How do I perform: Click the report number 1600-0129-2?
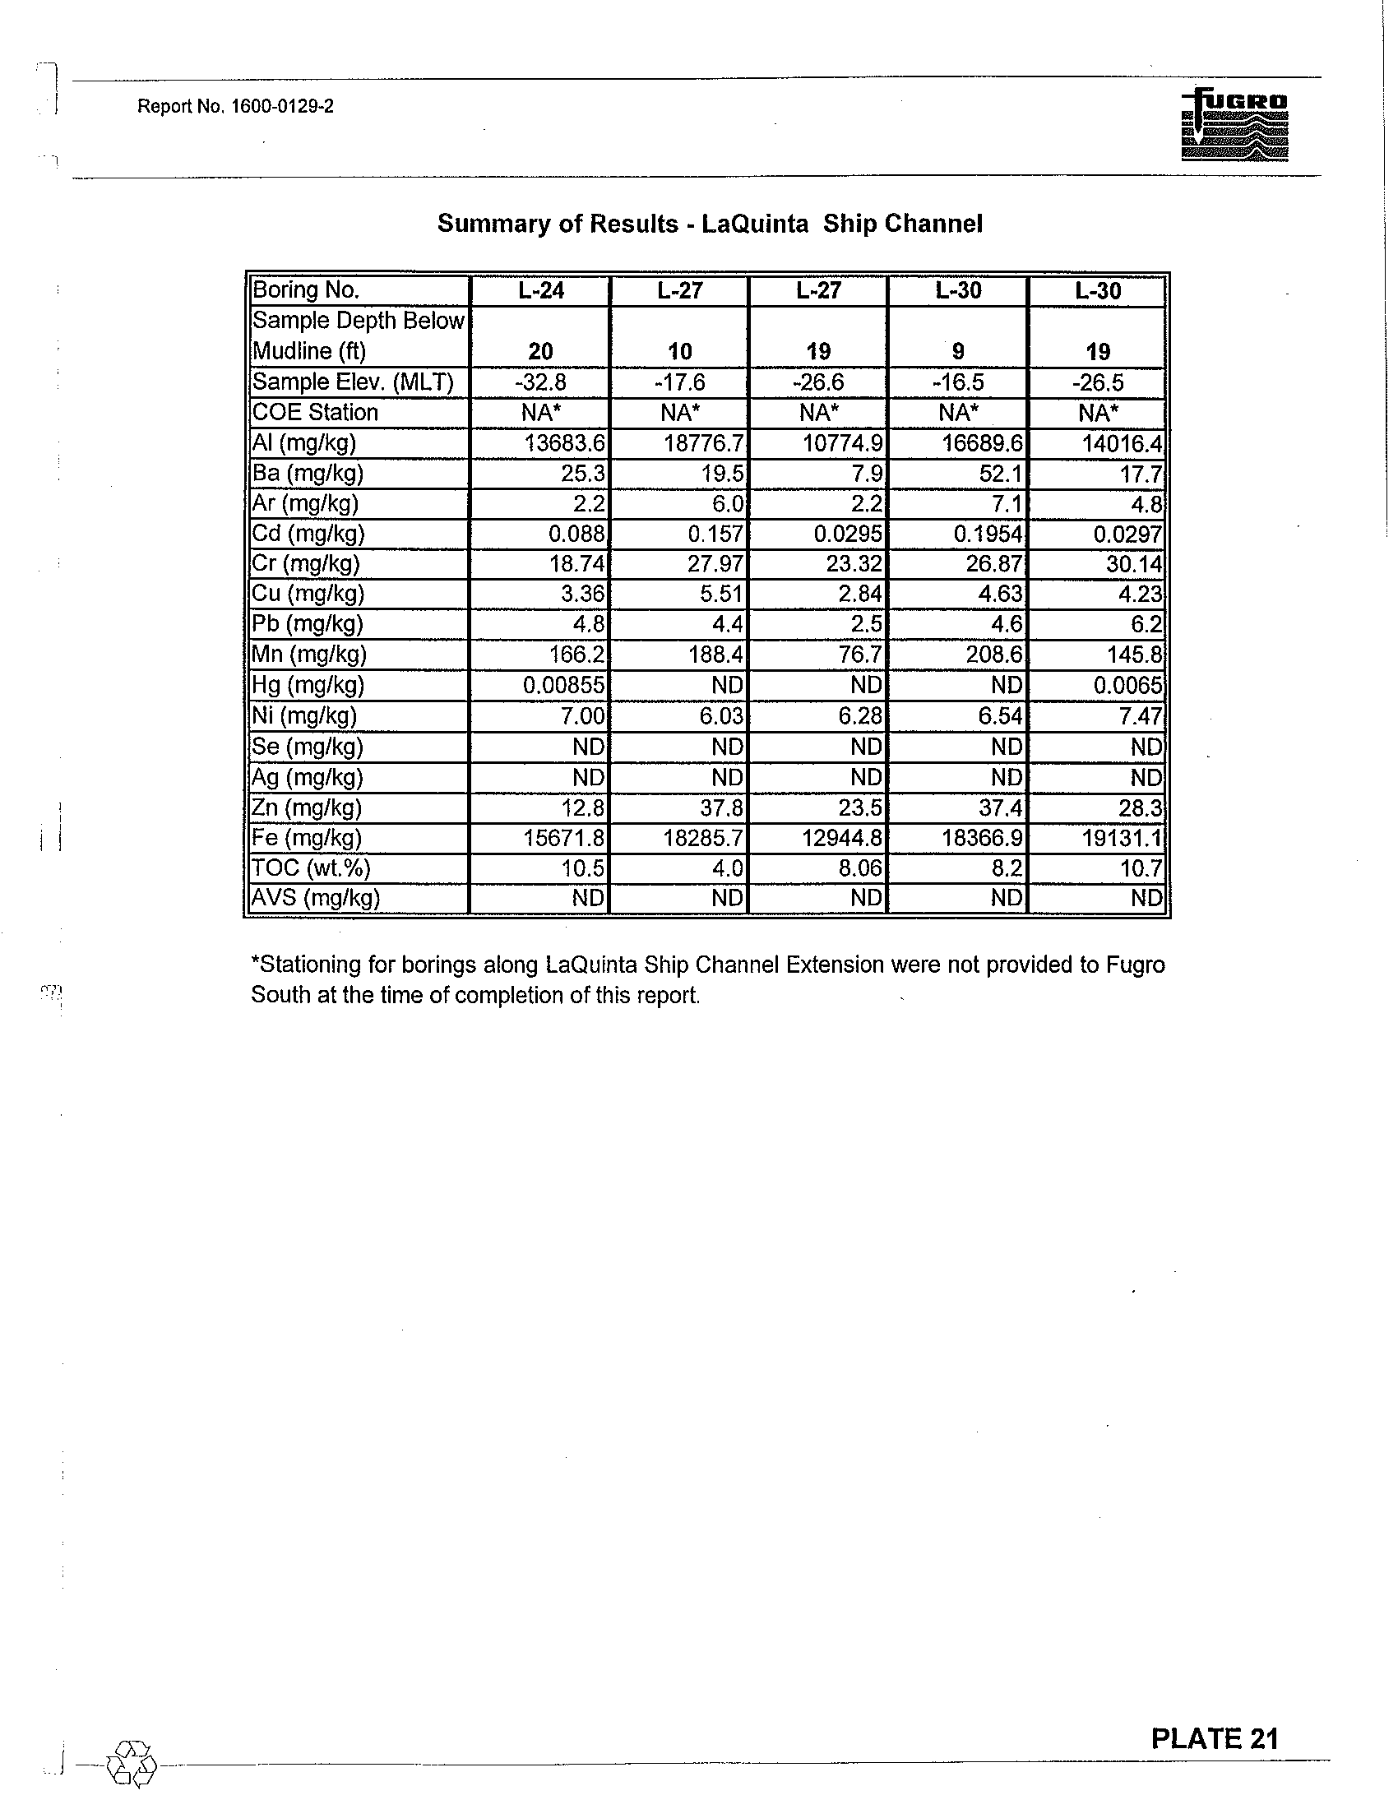235,106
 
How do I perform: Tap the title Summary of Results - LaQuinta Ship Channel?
710,224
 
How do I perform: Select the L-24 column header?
541,291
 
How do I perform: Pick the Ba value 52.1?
1002,474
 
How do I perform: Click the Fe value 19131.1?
1122,838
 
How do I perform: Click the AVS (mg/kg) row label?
316,899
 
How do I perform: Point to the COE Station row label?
315,413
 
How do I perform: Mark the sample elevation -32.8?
541,382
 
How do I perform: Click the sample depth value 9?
958,352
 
